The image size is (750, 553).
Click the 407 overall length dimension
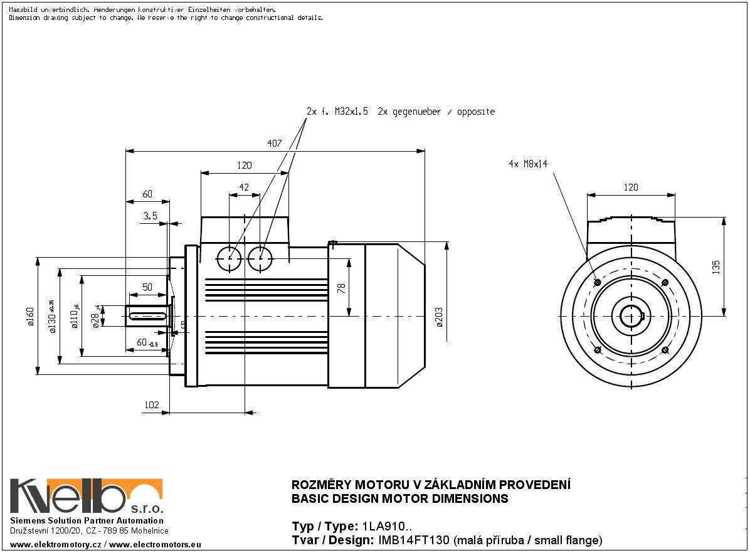pyautogui.click(x=274, y=144)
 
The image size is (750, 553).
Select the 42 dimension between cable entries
pyautogui.click(x=245, y=187)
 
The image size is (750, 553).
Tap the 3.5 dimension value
pyautogui.click(x=150, y=215)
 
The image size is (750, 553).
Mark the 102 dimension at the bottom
pyautogui.click(x=152, y=405)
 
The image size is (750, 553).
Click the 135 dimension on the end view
pyautogui.click(x=716, y=267)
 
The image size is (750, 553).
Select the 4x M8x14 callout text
pyautogui.click(x=528, y=164)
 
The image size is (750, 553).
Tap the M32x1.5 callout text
pyautogui.click(x=350, y=112)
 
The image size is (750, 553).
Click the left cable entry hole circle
pyautogui.click(x=230, y=257)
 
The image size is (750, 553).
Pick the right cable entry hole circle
pyautogui.click(x=261, y=257)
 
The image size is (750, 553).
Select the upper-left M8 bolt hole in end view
pyautogui.click(x=597, y=283)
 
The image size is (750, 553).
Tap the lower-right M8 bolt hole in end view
pyautogui.click(x=665, y=349)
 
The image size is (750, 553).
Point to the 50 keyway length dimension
pyautogui.click(x=147, y=287)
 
